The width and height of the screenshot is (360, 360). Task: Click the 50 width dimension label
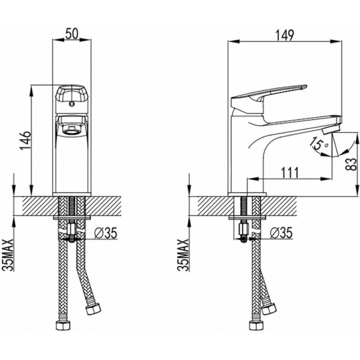coord(72,34)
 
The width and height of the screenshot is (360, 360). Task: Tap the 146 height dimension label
coord(26,140)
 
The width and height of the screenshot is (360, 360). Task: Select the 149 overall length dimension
coord(285,35)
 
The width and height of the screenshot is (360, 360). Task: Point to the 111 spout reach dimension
coord(290,173)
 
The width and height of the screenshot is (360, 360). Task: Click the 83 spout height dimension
coord(351,164)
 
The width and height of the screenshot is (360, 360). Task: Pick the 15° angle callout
coord(319,143)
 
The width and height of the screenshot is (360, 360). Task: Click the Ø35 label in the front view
coord(106,233)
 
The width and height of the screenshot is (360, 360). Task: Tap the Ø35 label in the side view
coord(281,232)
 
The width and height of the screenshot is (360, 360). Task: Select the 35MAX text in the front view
coord(8,255)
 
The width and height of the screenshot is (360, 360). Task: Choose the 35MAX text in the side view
coord(183,255)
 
